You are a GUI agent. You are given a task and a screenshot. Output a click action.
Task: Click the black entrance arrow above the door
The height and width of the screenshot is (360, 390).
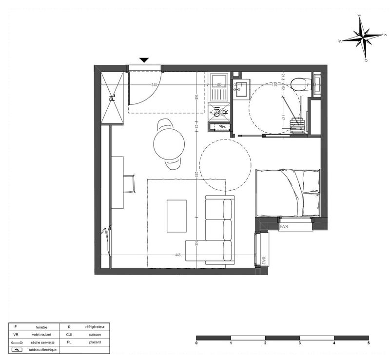pos(144,60)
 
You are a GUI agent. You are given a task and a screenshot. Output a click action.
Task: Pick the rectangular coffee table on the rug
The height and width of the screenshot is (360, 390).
pos(176,216)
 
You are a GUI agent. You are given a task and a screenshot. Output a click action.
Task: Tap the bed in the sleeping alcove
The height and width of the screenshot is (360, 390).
pos(288,192)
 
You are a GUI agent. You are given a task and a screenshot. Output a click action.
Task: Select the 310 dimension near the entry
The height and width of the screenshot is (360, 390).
pos(155,85)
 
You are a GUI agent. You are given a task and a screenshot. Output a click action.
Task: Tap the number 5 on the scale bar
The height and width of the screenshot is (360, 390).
pos(369,343)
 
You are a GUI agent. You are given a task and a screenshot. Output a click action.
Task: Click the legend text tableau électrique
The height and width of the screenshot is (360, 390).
pos(42,350)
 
